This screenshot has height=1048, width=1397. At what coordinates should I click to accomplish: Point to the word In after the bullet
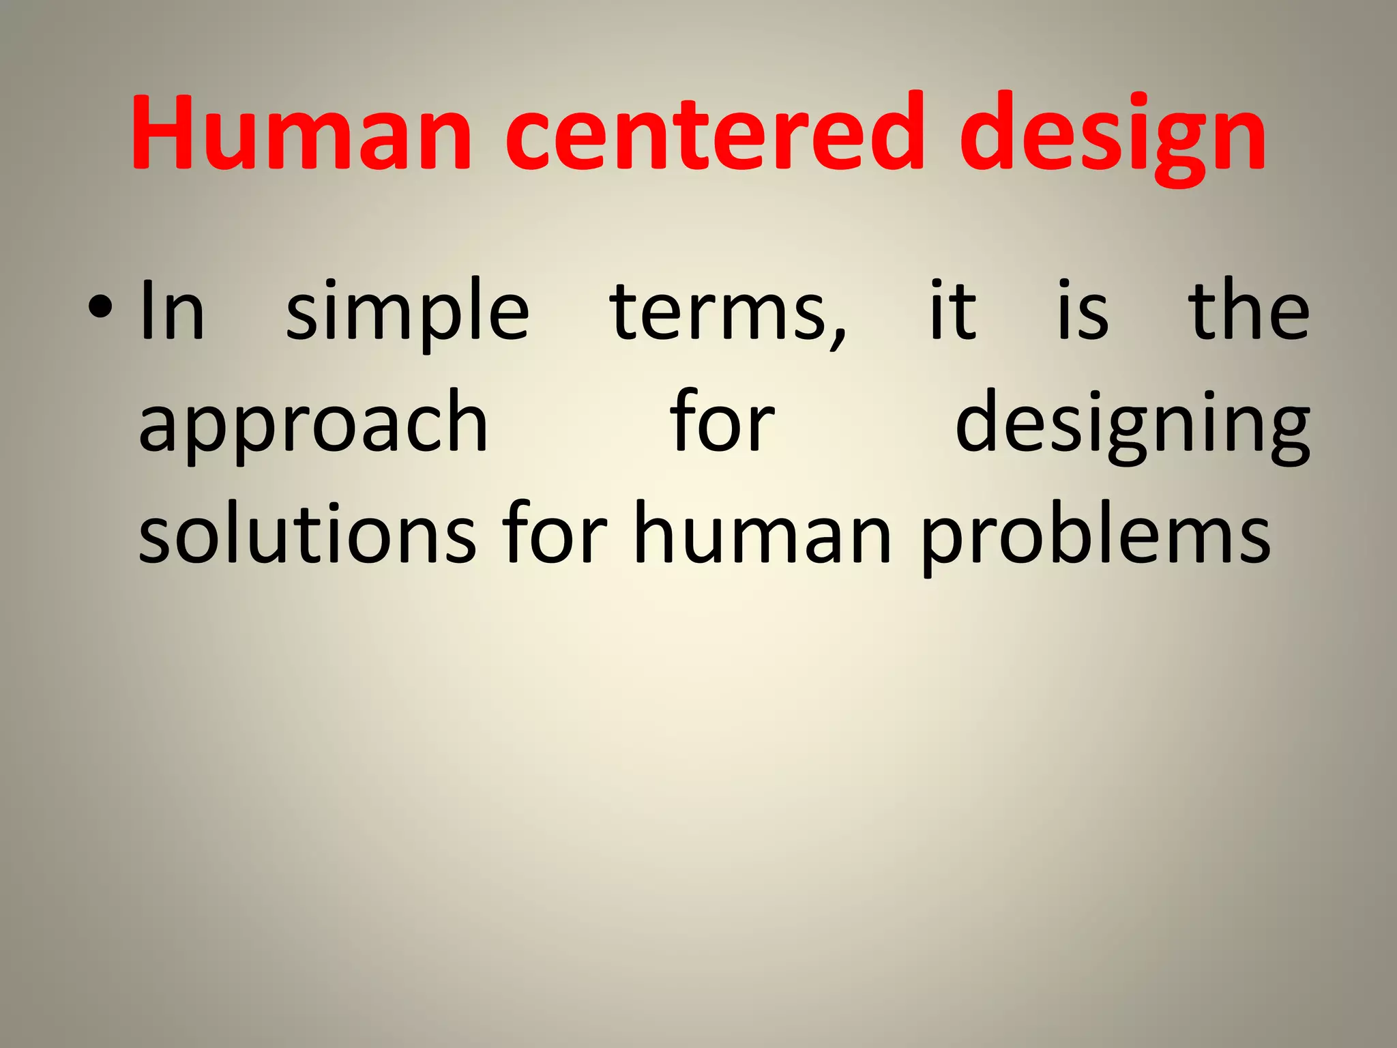[x=171, y=311]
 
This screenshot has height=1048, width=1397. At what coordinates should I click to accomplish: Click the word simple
[x=407, y=314]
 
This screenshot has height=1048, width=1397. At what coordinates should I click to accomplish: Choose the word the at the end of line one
[x=1249, y=310]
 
